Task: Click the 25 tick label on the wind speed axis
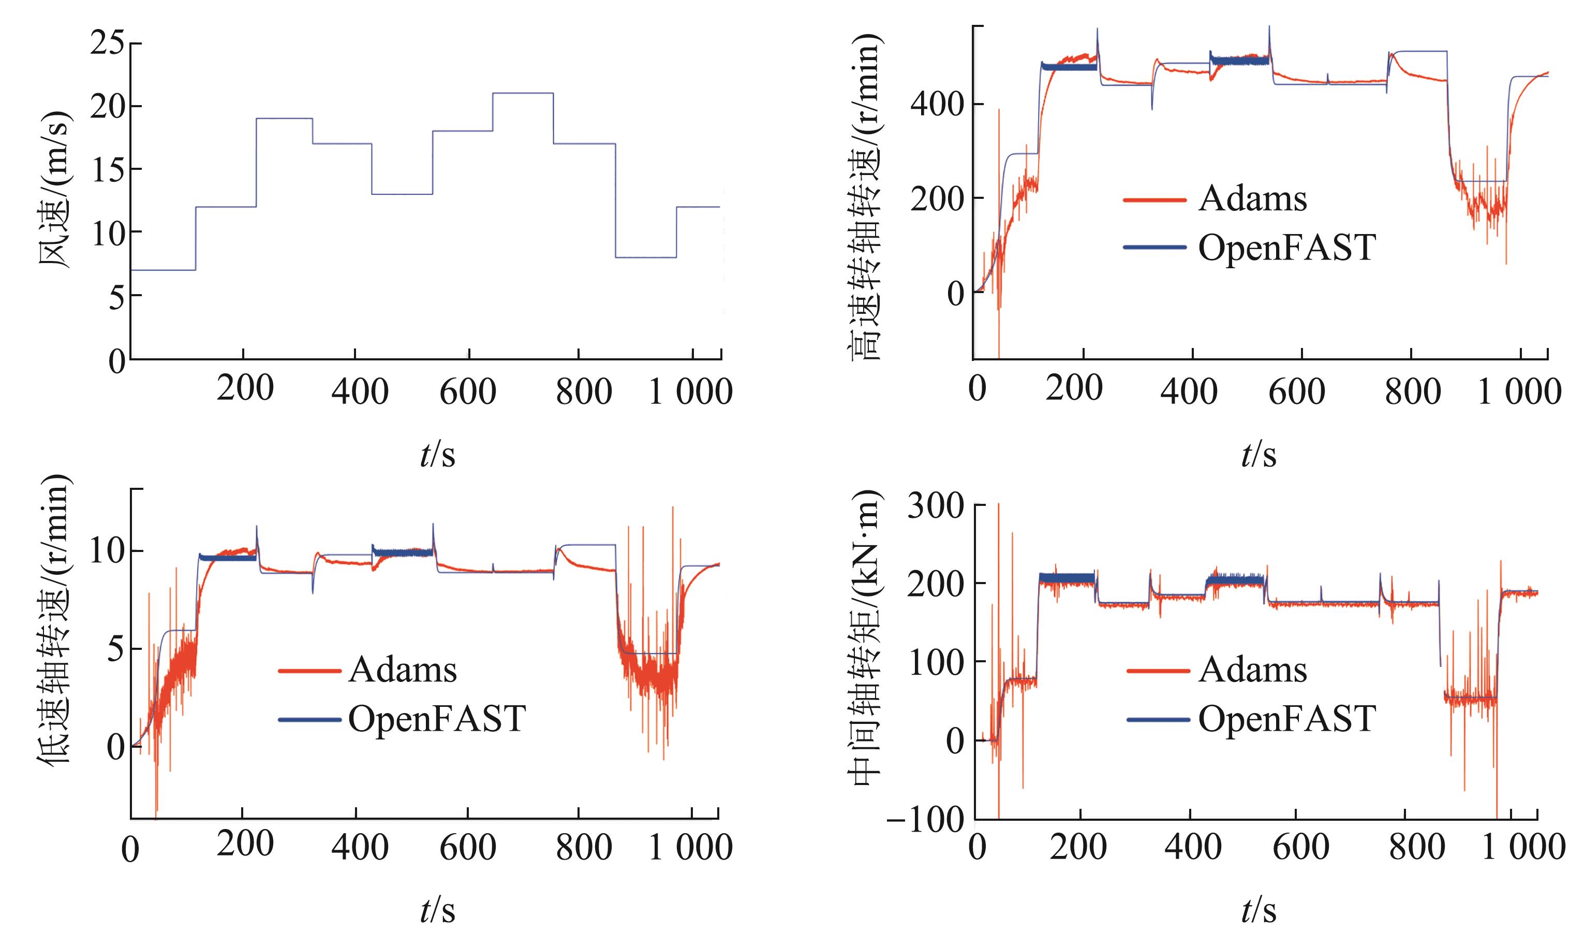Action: coord(108,43)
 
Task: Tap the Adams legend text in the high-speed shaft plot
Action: coord(1252,199)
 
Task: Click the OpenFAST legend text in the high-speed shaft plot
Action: coord(1286,248)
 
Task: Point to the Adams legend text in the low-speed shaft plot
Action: coord(402,670)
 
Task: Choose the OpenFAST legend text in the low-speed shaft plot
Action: coord(437,719)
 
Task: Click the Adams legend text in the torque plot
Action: coord(1252,670)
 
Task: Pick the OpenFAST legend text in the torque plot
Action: coord(1286,719)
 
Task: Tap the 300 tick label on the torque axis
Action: coord(935,506)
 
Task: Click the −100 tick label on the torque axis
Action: coord(925,820)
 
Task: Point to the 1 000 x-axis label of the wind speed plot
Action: coord(690,391)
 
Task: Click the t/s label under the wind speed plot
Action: coord(437,455)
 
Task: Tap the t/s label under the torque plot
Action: coord(1259,910)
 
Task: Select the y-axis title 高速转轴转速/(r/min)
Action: coord(867,195)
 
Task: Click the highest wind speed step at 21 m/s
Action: coord(522,93)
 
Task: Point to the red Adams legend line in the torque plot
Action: coord(1158,670)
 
